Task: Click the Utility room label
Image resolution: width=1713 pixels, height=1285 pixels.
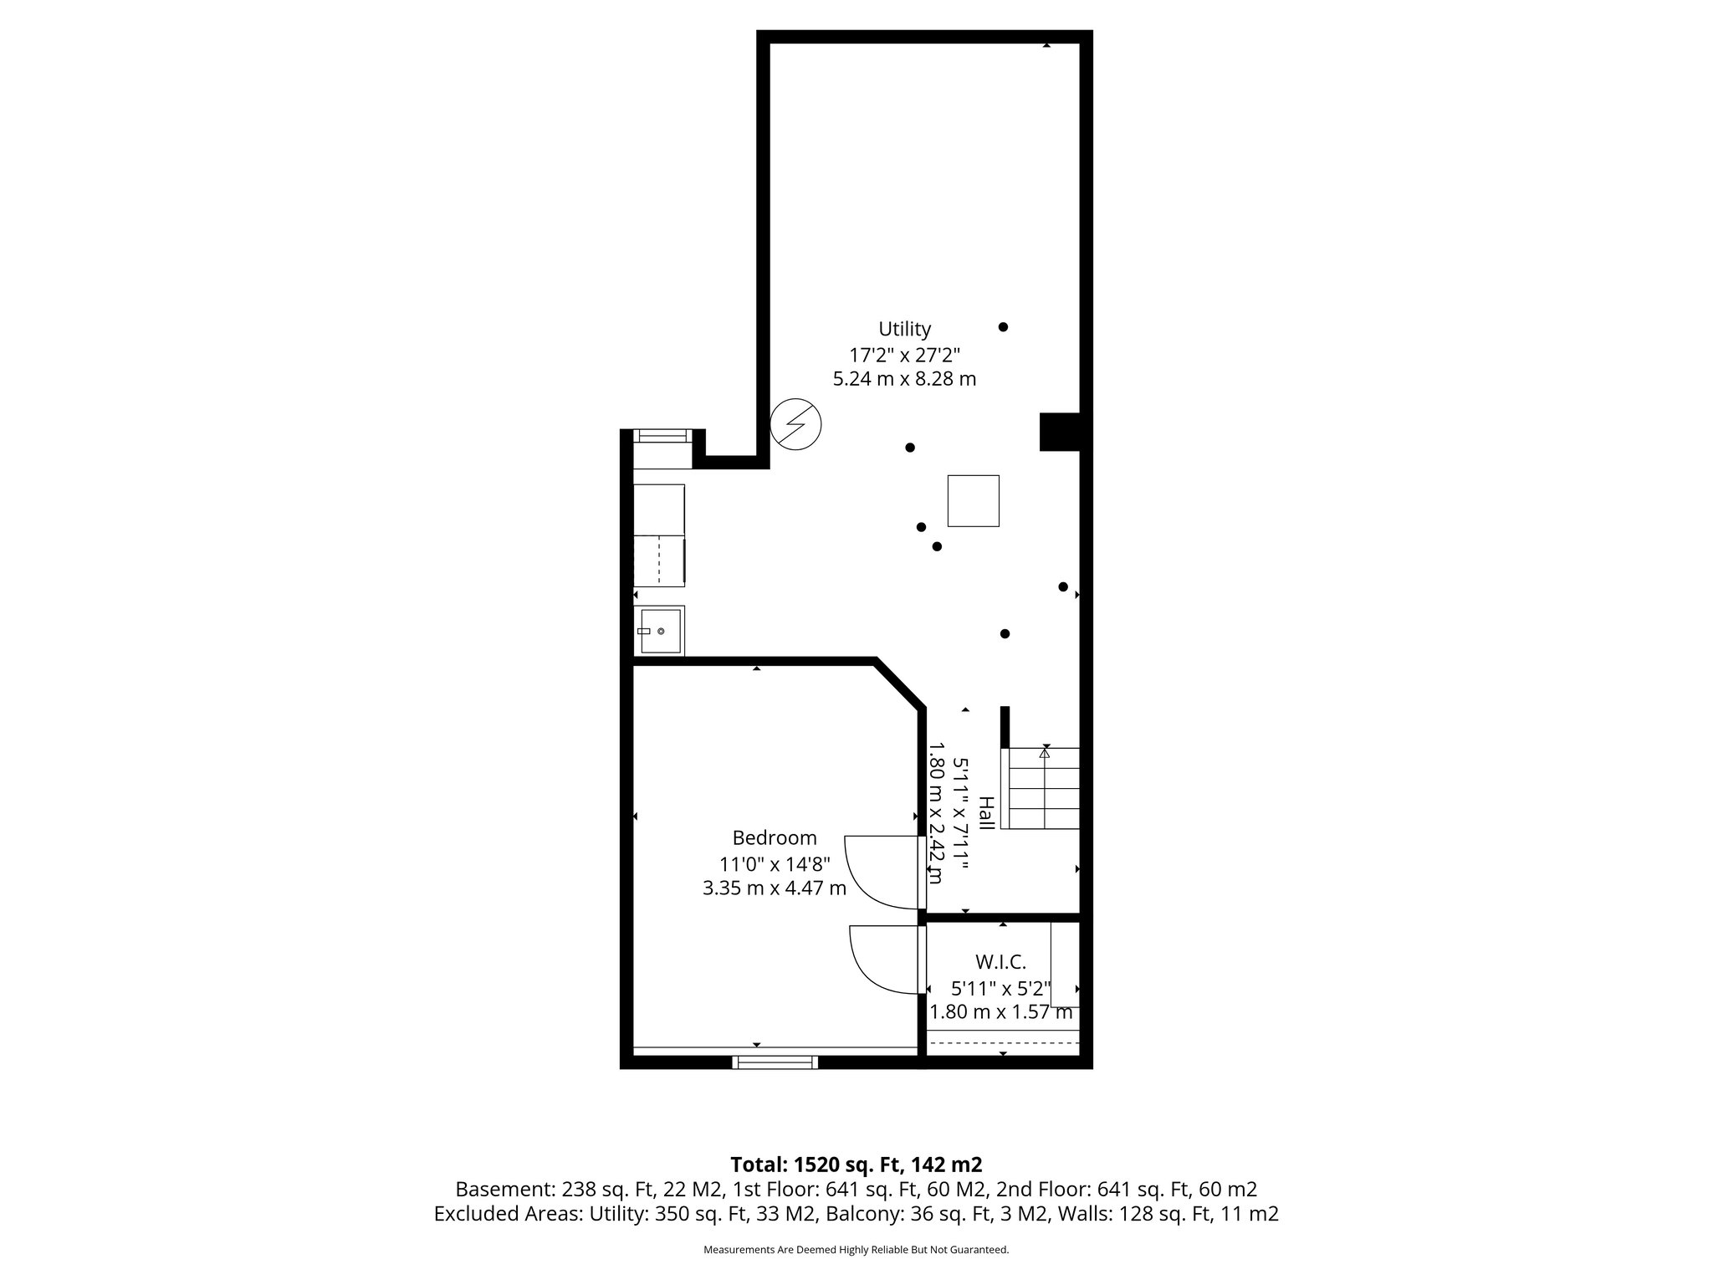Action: (x=904, y=329)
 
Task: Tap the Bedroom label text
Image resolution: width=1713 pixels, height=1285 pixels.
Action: (x=775, y=837)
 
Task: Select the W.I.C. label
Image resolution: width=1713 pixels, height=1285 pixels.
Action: (x=1000, y=961)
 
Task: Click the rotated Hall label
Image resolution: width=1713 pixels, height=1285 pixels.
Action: (x=987, y=813)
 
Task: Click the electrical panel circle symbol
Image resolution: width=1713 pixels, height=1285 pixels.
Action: (x=795, y=424)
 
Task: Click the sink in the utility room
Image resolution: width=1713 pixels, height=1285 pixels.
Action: (x=659, y=631)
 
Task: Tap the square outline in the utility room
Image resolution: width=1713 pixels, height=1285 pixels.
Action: (x=973, y=500)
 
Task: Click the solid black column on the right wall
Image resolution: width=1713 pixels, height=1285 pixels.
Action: (x=1059, y=432)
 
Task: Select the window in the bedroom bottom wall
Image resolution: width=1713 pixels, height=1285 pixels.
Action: (x=775, y=1062)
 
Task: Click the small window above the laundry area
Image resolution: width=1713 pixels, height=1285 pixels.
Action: (x=662, y=435)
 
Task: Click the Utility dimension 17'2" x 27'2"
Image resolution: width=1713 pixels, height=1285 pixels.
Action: (x=904, y=354)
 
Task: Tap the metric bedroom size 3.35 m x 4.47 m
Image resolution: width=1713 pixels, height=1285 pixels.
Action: (x=775, y=888)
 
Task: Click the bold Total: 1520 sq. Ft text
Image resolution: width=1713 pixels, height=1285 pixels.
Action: (x=856, y=1165)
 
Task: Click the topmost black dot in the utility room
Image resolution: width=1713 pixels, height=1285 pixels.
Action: (x=1003, y=327)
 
